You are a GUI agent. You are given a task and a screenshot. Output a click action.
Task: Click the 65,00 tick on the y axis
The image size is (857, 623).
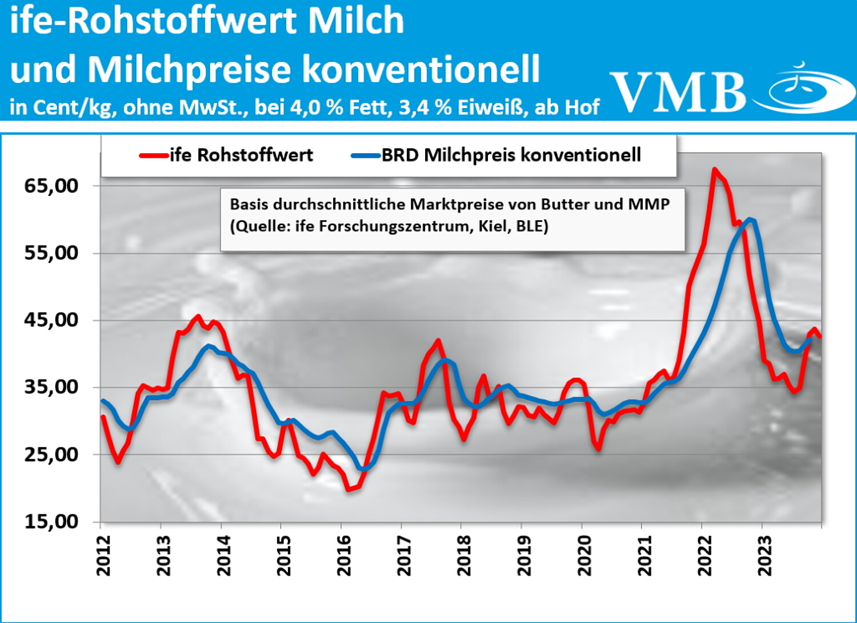pos(51,186)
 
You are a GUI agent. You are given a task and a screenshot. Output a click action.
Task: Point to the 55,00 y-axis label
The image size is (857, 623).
pos(51,253)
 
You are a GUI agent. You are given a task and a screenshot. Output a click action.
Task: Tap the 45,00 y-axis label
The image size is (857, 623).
pos(51,320)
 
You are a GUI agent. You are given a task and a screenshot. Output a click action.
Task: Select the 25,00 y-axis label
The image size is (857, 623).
pos(51,454)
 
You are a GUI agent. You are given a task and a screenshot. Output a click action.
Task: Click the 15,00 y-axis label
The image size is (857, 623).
pos(51,521)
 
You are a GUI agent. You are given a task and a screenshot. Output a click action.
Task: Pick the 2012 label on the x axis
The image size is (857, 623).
pos(103,556)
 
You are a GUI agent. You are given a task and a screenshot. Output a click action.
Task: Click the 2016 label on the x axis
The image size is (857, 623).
pos(344,556)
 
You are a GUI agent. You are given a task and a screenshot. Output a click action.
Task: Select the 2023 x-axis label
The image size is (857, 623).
pos(764,556)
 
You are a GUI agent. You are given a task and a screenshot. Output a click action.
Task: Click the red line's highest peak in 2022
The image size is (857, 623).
pos(714,169)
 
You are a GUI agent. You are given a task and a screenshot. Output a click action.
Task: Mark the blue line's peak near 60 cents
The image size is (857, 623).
pos(750,219)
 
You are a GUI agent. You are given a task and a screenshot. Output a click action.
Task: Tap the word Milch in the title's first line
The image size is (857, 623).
pos(355,21)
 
